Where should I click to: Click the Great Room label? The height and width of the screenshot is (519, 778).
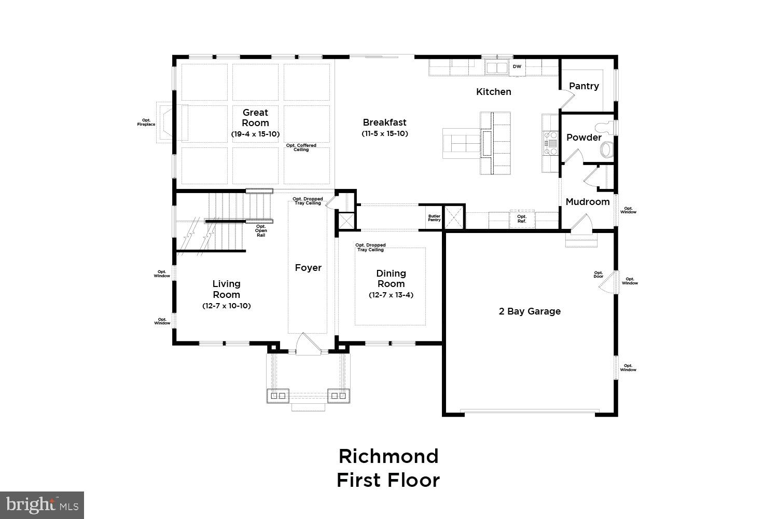click(255, 118)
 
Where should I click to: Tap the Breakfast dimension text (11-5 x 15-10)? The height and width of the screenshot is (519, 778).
click(385, 133)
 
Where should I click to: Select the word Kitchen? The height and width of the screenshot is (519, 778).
click(494, 92)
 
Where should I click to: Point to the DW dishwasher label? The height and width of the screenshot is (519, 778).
click(517, 67)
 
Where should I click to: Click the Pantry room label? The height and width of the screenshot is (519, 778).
click(584, 86)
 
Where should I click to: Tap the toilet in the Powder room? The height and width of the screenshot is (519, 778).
click(606, 148)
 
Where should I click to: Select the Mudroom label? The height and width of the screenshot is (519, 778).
click(587, 202)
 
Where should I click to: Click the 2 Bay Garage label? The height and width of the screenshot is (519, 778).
click(530, 311)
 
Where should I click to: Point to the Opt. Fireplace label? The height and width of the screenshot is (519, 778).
click(146, 122)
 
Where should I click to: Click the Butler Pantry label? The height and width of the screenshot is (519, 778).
click(434, 218)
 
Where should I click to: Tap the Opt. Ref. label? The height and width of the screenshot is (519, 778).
click(521, 219)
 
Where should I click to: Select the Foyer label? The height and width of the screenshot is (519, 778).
click(308, 268)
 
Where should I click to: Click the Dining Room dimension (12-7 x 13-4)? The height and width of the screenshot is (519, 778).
click(391, 295)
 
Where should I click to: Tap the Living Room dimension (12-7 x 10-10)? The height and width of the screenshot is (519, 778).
click(226, 306)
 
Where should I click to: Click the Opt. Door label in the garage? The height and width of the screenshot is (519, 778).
click(599, 275)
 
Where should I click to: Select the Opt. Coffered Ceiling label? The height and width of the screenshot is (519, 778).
click(301, 147)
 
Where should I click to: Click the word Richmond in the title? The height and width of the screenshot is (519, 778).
click(388, 456)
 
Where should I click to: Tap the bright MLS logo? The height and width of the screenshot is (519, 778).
click(42, 504)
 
